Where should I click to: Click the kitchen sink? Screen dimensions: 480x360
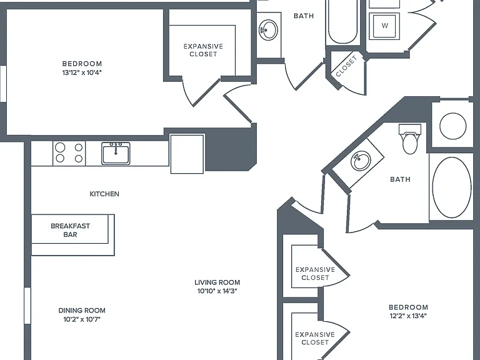click(116, 153)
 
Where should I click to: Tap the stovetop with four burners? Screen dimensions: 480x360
click(69, 153)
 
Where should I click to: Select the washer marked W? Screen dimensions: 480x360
click(384, 26)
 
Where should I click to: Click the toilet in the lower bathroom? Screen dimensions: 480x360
click(410, 139)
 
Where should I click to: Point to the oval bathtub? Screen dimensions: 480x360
click(452, 187)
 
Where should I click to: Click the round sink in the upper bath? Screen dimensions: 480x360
click(269, 30)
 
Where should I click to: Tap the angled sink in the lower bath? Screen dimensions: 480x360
click(361, 161)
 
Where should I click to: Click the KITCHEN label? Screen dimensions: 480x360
click(104, 194)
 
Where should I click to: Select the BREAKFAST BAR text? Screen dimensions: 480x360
click(71, 230)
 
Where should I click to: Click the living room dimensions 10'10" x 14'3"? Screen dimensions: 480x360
click(217, 291)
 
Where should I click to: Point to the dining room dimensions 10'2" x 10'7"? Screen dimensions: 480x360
click(82, 319)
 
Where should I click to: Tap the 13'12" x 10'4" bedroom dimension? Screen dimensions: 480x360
click(82, 72)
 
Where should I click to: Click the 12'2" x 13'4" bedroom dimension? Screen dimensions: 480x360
click(408, 316)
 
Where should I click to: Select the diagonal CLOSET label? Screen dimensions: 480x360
click(346, 66)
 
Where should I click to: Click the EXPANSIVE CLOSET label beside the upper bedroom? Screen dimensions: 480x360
click(203, 50)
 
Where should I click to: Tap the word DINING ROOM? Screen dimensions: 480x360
click(82, 311)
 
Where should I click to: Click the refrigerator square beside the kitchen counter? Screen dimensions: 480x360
click(187, 154)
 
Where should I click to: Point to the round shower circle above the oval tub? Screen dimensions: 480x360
click(452, 126)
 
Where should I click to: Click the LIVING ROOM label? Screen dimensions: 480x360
click(217, 282)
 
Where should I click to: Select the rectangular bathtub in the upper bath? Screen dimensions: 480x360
click(342, 22)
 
